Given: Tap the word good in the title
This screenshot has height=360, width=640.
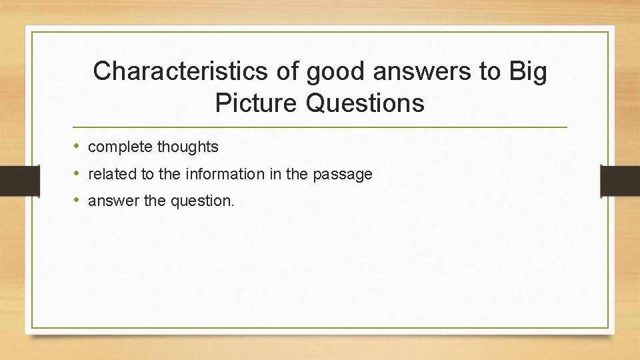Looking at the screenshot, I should (337, 71).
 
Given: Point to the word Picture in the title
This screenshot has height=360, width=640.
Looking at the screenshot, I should (257, 103).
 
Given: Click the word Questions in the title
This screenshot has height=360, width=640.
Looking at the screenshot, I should (365, 103).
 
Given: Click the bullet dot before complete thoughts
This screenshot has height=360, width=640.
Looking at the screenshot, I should (77, 146).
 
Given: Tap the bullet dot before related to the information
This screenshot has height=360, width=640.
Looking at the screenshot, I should (77, 174).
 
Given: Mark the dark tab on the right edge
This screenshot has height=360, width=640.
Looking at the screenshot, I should (620, 181).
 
